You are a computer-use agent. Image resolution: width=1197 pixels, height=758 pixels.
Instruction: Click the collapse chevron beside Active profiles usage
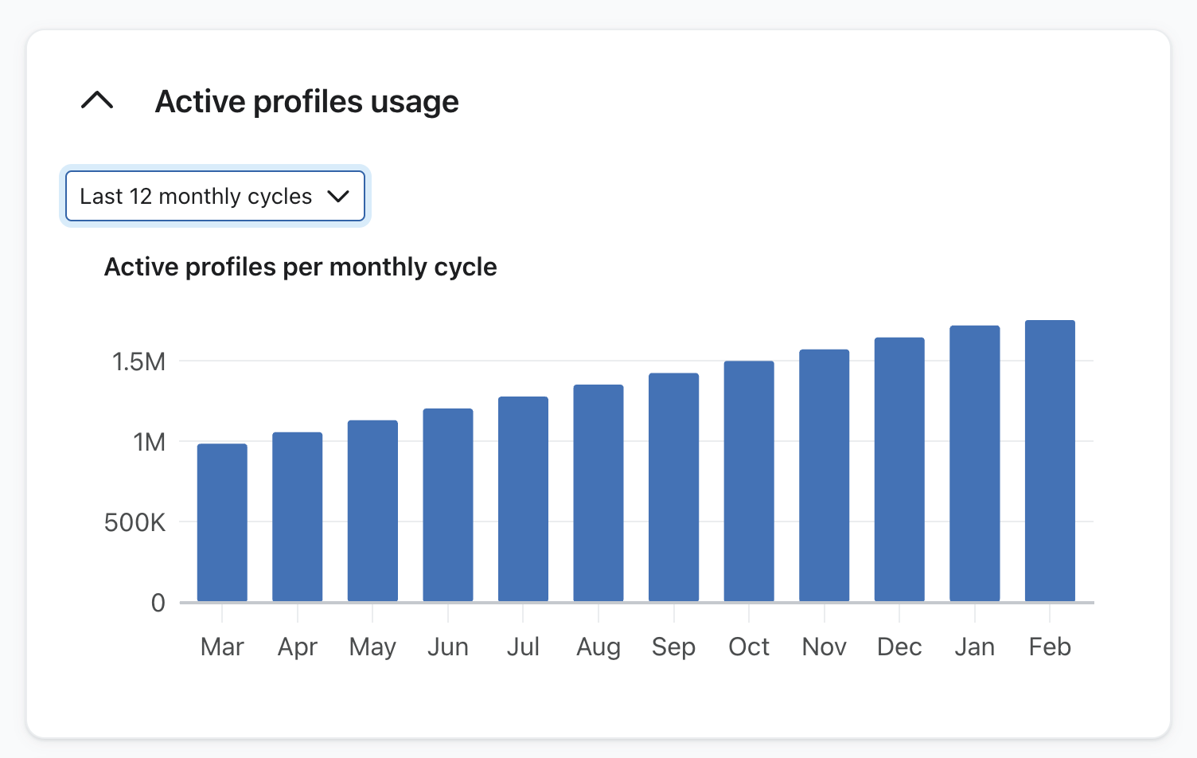[x=97, y=101]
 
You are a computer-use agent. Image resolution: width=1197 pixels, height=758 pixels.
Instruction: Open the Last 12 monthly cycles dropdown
[x=215, y=196]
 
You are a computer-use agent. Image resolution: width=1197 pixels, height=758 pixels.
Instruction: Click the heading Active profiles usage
[x=306, y=102]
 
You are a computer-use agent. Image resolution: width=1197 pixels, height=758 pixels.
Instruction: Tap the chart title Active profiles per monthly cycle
[x=300, y=267]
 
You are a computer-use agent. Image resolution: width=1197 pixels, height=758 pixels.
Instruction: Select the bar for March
[x=222, y=522]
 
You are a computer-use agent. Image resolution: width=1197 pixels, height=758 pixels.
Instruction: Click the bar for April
[x=297, y=517]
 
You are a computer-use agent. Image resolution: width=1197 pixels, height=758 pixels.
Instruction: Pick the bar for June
[x=448, y=505]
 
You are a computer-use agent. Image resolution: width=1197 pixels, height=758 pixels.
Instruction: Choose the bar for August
[x=598, y=493]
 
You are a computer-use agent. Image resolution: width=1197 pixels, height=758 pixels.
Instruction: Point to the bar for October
[x=749, y=481]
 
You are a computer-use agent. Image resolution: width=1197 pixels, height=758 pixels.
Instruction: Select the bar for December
[x=899, y=469]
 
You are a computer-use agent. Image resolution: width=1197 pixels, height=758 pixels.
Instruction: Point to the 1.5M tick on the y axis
[x=138, y=361]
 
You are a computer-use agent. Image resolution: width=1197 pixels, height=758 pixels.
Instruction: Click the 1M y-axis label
[x=149, y=442]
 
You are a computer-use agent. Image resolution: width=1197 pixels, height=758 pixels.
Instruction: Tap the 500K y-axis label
[x=135, y=522]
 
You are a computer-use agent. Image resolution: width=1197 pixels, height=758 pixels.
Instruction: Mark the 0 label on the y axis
[x=158, y=603]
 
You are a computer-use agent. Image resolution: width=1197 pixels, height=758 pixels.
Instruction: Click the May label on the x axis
[x=372, y=647]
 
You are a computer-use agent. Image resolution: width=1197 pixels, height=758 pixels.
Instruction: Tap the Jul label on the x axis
[x=523, y=647]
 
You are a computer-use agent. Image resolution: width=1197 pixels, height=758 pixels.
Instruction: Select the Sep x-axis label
[x=673, y=647]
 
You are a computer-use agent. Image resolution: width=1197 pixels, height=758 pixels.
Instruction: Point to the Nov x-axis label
[x=824, y=647]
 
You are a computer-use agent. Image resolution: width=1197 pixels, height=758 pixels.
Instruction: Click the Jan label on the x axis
[x=974, y=647]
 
